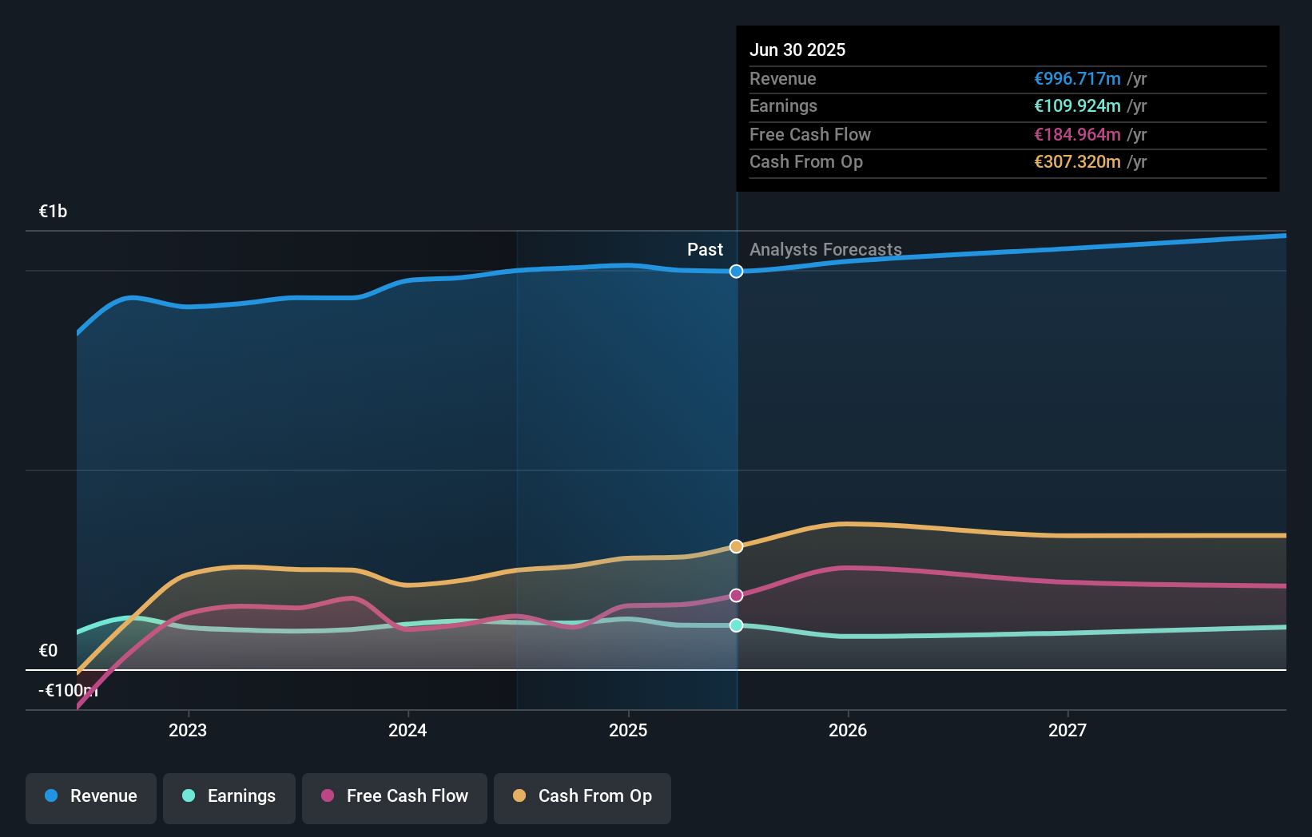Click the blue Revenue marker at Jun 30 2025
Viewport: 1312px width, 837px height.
736,272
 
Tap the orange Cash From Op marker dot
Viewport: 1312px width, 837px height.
736,546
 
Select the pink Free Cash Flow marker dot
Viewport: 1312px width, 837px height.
736,595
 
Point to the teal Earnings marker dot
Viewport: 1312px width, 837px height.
736,625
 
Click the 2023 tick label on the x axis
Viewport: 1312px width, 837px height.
188,730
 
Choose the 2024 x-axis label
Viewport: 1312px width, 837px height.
408,730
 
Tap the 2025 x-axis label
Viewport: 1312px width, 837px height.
628,730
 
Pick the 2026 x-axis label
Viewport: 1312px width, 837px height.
848,730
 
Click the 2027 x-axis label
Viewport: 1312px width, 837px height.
1067,730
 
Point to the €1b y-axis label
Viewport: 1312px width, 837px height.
53,211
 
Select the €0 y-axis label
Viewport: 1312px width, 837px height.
48,650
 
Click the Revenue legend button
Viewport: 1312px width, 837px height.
91,796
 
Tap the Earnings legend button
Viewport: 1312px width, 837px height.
229,796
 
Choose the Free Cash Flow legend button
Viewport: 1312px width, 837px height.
395,796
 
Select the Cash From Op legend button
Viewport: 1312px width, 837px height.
582,796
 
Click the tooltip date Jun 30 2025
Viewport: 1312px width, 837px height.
797,50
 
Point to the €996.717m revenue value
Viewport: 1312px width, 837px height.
1077,78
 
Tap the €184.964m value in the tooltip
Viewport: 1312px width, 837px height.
1077,134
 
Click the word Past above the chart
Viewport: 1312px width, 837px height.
705,249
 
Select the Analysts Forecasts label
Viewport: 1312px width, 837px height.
825,249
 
